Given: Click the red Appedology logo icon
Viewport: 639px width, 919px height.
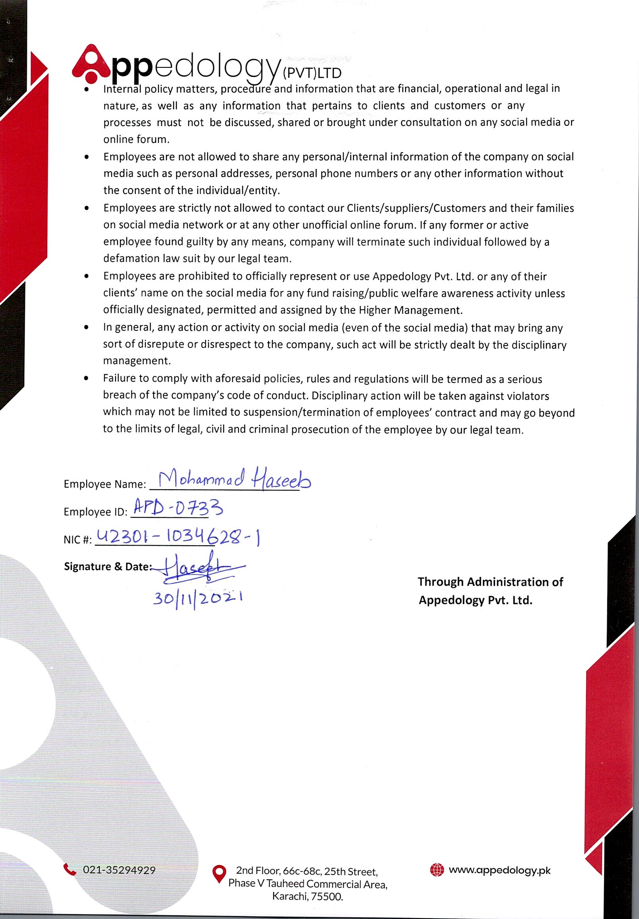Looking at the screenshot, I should [91, 62].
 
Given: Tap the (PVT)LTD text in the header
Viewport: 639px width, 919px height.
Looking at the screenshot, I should [312, 73].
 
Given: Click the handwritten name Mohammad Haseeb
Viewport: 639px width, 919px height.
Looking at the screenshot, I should [235, 480].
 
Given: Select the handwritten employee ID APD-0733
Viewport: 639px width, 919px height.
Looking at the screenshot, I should [178, 509].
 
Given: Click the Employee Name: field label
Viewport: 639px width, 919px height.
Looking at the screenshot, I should [105, 484].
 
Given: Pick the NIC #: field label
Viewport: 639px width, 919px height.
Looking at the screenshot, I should [78, 540].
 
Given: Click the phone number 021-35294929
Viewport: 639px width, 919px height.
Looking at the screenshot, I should [119, 870].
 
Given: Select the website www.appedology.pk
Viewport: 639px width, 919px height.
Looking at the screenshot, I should [500, 870].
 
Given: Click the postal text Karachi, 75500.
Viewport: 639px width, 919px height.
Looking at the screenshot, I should [307, 897].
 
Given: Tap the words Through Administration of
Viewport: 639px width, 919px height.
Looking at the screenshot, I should [490, 582].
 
